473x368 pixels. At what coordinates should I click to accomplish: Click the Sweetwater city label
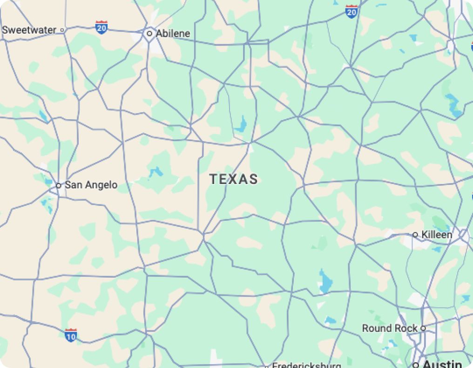tap(29, 30)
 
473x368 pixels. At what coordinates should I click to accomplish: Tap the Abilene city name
tap(173, 34)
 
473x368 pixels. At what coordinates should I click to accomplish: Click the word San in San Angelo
tap(74, 185)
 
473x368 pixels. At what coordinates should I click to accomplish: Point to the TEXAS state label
tap(233, 179)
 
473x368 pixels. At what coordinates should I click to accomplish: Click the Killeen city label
tap(437, 235)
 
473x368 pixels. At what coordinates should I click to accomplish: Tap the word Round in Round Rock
tap(377, 328)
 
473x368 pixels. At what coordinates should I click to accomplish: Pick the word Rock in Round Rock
tap(407, 328)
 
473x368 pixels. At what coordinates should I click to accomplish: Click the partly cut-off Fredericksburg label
tap(306, 365)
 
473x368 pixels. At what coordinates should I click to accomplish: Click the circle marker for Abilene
tap(149, 34)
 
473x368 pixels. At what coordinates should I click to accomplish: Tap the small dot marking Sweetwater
tap(62, 30)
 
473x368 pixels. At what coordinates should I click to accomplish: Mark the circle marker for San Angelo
tap(59, 185)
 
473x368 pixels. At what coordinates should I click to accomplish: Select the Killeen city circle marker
tap(415, 235)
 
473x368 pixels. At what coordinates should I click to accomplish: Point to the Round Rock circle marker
tap(423, 328)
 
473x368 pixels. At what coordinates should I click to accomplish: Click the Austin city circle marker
tap(416, 365)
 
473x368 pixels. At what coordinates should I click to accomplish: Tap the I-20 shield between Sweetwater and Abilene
tap(101, 27)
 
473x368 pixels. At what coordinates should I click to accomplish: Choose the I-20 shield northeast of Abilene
tap(351, 12)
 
